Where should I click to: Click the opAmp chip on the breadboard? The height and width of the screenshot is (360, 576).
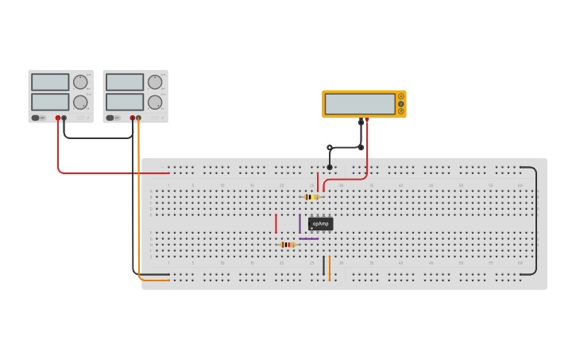320,224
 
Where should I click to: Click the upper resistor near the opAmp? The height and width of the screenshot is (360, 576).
311,197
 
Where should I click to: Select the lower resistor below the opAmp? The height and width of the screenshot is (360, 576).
288,245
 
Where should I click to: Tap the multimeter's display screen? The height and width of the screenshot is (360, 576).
360,104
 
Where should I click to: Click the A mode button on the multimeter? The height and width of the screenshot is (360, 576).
401,96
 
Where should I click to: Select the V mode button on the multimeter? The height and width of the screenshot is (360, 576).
401,104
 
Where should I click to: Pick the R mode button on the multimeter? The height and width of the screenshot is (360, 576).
401,111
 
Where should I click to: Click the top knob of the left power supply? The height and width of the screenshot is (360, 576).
80,82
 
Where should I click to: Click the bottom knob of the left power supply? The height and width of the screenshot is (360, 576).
80,103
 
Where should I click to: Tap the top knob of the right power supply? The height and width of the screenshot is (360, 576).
155,82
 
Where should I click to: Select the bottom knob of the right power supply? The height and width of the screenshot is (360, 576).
155,103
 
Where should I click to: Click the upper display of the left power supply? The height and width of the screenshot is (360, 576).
50,82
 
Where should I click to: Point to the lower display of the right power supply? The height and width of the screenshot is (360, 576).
125,102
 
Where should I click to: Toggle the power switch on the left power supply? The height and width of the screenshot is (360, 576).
36,118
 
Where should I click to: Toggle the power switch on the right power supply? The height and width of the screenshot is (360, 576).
110,118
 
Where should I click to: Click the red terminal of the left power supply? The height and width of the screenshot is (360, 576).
58,118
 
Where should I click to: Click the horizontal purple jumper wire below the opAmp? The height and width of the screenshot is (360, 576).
308,238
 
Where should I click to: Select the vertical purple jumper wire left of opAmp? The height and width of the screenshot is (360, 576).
300,223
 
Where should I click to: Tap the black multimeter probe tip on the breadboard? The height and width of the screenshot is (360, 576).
330,167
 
